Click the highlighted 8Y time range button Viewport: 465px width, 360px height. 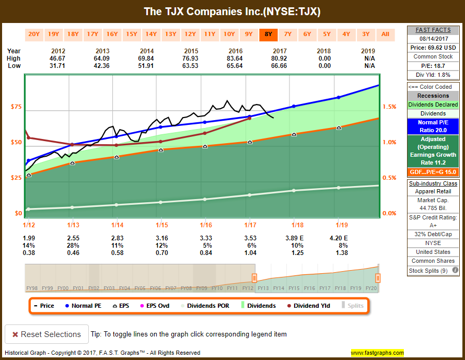(x=268, y=34)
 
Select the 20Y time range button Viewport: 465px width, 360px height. (x=34, y=34)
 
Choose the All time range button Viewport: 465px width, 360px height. (x=385, y=34)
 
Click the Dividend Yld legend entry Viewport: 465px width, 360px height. (x=308, y=306)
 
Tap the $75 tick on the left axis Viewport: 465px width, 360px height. (x=16, y=107)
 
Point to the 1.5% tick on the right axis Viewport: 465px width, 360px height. (x=389, y=107)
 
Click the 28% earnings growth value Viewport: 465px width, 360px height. (x=72, y=245)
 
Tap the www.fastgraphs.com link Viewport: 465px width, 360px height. (x=377, y=353)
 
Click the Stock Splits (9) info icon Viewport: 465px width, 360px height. (x=455, y=271)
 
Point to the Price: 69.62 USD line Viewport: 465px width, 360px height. (x=433, y=48)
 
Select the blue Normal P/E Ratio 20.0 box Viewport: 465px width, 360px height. (x=433, y=126)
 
